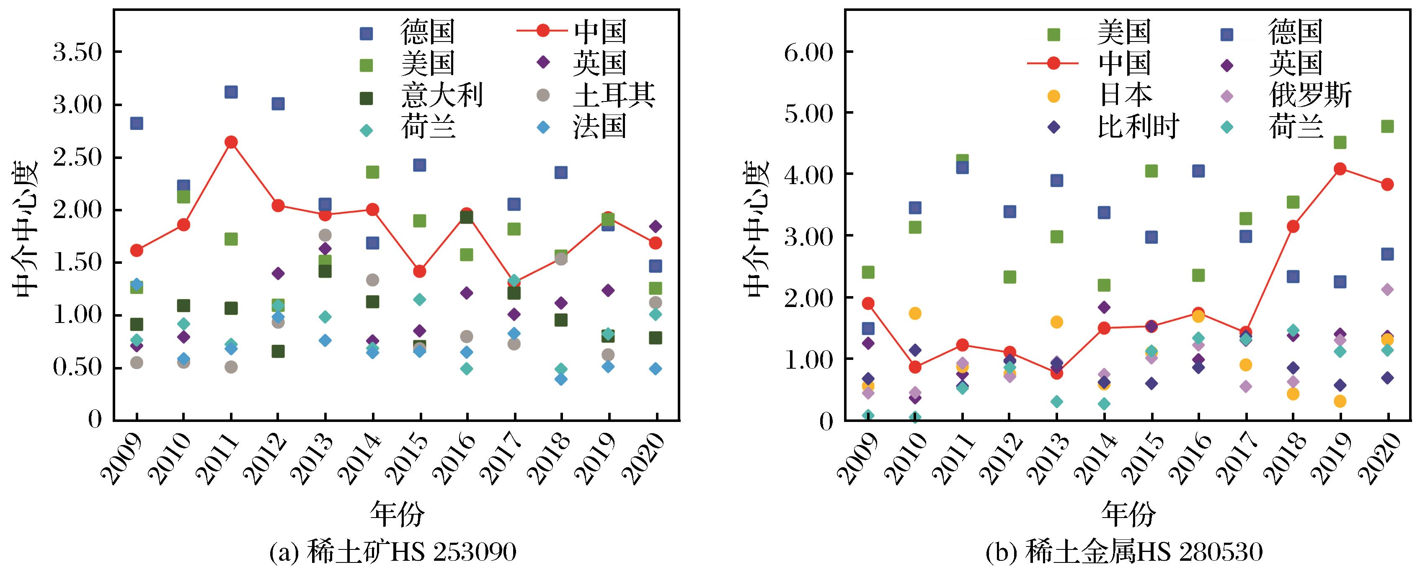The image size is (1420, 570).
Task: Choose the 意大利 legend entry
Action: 441,96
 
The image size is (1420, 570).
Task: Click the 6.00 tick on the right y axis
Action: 809,52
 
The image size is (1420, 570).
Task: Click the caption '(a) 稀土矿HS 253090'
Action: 392,552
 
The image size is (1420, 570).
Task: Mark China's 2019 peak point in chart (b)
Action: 1340,169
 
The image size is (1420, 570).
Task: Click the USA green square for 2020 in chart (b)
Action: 1387,126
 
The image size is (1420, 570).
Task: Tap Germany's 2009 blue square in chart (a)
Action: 137,123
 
